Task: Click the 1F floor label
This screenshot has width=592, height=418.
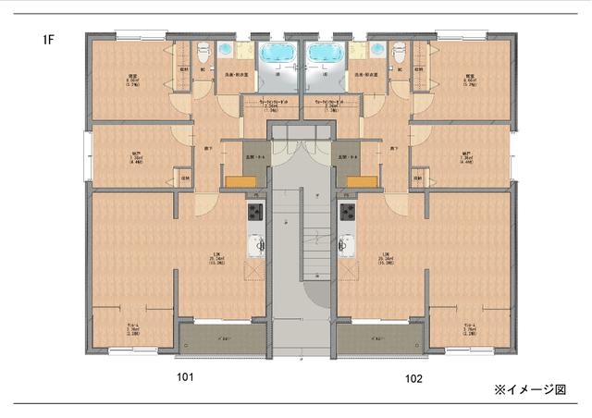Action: [47, 40]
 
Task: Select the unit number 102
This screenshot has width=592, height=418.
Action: [413, 378]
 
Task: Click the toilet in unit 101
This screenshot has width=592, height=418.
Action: [200, 52]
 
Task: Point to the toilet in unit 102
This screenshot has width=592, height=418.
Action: [399, 52]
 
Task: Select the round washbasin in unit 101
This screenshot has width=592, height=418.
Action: [226, 49]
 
